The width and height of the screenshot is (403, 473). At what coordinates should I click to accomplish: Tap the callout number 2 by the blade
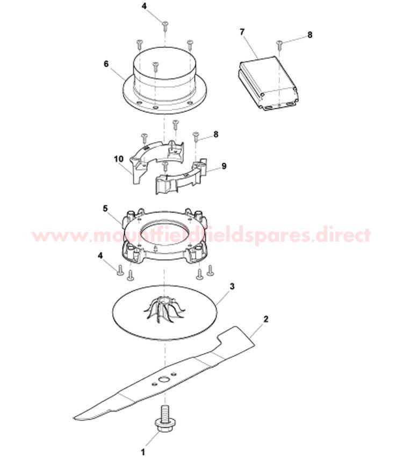pyautogui.click(x=266, y=319)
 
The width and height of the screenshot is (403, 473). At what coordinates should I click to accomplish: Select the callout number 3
pyautogui.click(x=232, y=286)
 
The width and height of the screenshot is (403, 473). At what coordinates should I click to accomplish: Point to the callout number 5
pyautogui.click(x=105, y=208)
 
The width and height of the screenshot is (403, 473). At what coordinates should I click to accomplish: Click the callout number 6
pyautogui.click(x=106, y=64)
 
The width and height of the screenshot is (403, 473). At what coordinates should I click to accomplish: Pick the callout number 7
pyautogui.click(x=242, y=32)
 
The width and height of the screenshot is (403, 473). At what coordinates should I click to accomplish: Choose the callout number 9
pyautogui.click(x=224, y=166)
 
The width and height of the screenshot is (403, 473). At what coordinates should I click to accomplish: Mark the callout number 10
pyautogui.click(x=119, y=159)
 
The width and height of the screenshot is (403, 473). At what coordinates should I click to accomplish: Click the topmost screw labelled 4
pyautogui.click(x=165, y=25)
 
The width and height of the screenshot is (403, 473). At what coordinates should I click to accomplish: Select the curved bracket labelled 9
pyautogui.click(x=182, y=177)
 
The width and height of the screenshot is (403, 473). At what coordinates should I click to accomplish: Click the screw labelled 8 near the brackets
pyautogui.click(x=196, y=136)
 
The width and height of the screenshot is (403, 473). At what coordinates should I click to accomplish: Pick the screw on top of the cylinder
pyautogui.click(x=155, y=67)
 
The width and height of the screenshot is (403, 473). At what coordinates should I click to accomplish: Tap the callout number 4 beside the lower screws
pyautogui.click(x=100, y=256)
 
